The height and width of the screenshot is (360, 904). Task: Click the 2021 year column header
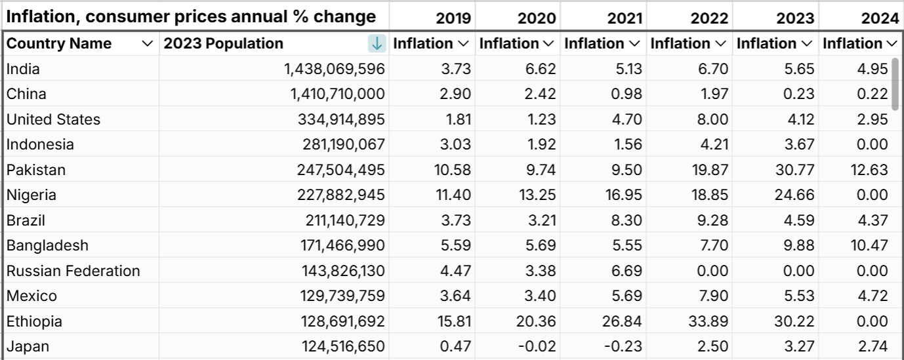point(625,18)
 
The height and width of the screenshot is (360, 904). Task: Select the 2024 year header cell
point(880,18)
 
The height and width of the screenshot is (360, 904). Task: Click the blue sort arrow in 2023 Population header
point(377,44)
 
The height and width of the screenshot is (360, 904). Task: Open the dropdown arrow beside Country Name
point(147,44)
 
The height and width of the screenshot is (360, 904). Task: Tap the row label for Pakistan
point(36,170)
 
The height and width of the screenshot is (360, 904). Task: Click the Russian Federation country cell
point(73,271)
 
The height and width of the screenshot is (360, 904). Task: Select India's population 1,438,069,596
point(334,69)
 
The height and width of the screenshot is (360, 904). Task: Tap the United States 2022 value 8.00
point(713,119)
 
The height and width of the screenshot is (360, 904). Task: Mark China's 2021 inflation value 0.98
point(628,94)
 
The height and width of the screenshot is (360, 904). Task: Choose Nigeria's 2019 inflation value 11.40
point(454,195)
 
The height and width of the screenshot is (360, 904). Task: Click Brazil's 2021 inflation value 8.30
point(628,220)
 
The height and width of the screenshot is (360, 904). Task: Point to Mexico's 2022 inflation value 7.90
point(713,296)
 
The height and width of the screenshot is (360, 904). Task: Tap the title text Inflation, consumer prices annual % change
point(191,16)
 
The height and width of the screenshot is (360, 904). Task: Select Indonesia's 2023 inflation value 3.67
point(798,144)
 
